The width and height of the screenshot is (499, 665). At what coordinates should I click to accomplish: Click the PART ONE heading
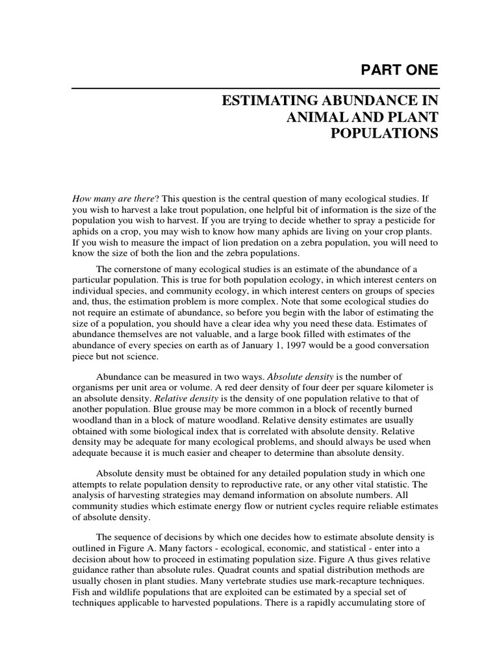click(400, 69)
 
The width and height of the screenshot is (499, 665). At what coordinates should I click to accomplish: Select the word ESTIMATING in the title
click(266, 102)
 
